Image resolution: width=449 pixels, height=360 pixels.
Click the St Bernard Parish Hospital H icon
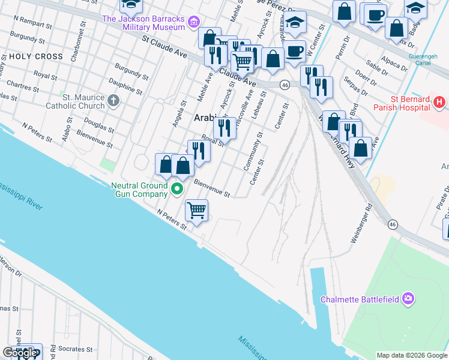439,103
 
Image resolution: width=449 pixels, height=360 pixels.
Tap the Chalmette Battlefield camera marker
409,298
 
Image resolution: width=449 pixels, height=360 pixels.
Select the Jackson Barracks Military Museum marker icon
193,23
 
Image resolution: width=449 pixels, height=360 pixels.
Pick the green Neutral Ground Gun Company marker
177,190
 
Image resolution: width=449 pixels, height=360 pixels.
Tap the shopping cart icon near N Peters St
197,211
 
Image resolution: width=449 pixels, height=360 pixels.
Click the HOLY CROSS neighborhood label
35,56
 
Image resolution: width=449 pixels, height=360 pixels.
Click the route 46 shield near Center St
285,85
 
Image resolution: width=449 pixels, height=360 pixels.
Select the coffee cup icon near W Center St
294,52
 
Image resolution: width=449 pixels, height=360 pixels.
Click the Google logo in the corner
20,353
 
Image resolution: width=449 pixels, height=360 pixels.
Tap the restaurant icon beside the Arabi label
224,127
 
